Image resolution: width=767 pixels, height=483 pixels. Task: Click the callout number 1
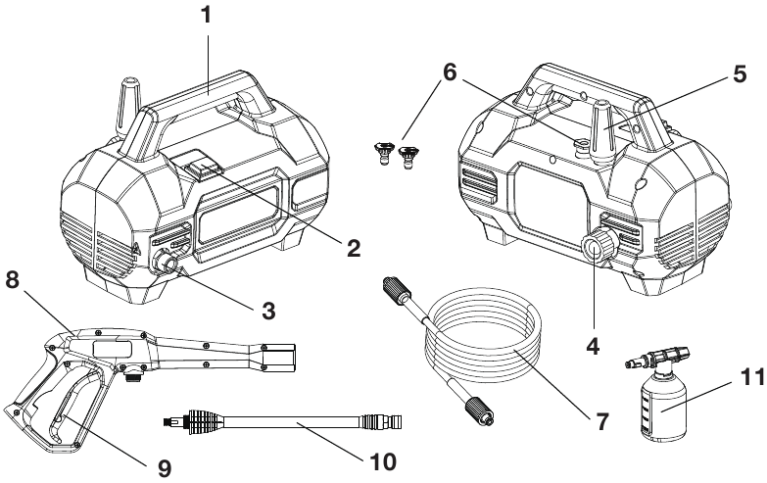207,15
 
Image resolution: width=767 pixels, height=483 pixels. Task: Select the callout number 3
268,311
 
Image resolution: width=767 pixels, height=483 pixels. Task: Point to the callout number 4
593,347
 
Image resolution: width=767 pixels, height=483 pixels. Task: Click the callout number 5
740,73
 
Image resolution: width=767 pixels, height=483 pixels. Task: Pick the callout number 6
450,72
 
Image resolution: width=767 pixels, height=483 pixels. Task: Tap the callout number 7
601,421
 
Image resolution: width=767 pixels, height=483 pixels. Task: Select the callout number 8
13,280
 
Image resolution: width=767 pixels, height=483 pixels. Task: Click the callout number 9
165,469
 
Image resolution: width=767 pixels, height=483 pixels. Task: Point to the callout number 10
382,461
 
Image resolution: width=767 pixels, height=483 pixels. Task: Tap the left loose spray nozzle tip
383,152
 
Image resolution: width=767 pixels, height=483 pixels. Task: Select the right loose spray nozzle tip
407,156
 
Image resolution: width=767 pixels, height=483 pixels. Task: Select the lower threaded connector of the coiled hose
479,410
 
